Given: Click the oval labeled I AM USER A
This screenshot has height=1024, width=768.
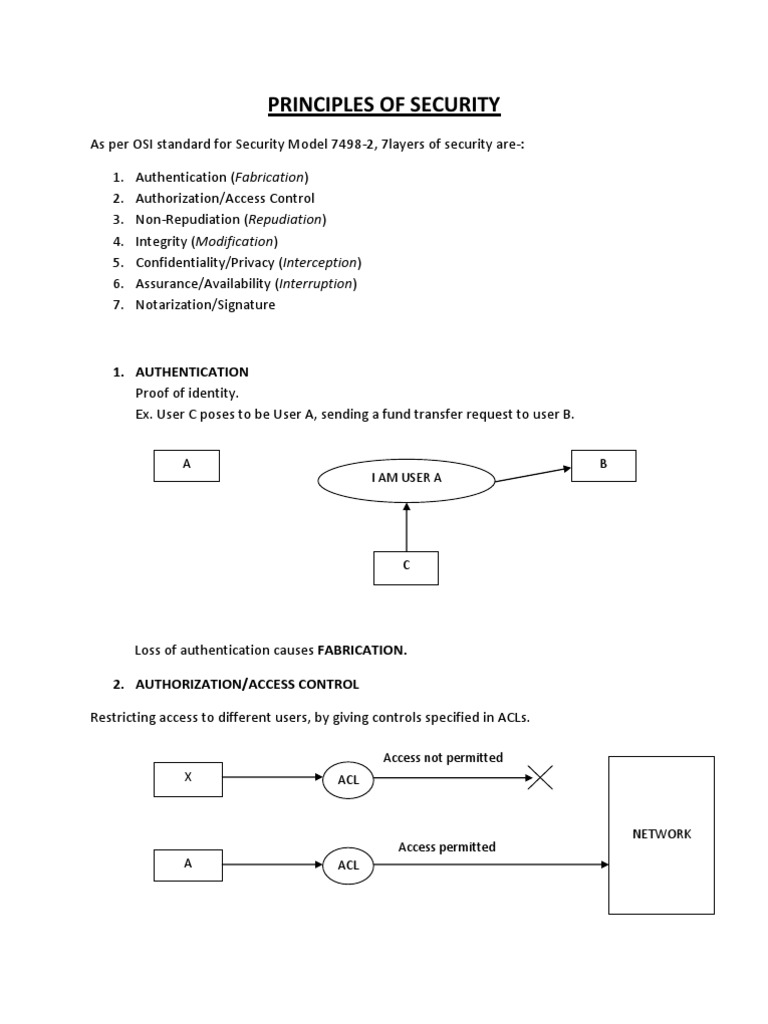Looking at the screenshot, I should pos(406,478).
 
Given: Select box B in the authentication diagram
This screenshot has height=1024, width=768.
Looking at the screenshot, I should pos(603,465).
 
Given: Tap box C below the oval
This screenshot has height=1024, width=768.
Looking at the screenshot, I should pos(406,567).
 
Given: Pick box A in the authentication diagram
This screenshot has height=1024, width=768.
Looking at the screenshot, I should pos(187,465).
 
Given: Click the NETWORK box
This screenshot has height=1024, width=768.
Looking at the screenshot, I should pos(661,834).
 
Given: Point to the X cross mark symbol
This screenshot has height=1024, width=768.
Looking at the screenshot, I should pos(540,777).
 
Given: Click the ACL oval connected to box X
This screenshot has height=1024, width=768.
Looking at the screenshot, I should pos(348,778).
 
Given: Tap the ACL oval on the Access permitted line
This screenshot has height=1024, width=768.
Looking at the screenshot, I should pos(348,865).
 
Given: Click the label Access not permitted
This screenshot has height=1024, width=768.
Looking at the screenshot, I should pos(443,758).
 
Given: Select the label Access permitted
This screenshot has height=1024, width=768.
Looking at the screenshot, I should pos(447,847).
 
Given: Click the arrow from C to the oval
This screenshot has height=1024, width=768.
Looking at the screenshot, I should pos(406,526).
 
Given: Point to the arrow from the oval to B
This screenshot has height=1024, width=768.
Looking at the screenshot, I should pos(533,473).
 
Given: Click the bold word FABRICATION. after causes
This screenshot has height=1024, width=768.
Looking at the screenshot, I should pos(362,650).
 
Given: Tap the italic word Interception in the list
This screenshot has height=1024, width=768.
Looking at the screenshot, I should pos(320,262).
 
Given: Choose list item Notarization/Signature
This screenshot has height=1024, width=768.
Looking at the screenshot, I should pos(205,305).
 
